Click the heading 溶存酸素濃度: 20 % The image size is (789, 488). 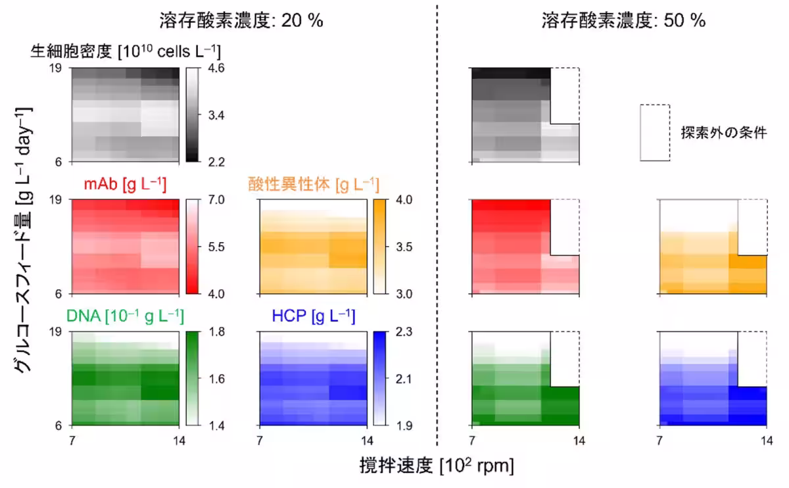(x=241, y=20)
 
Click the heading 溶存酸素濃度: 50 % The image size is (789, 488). (x=623, y=20)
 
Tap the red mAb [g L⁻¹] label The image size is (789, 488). (x=124, y=185)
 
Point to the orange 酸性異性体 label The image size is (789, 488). (x=313, y=185)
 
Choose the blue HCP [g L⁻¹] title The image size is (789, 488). (x=313, y=317)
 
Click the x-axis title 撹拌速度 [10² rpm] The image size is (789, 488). (x=437, y=466)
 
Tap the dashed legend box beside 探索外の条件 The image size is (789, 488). (x=655, y=132)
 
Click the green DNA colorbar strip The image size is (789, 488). (x=192, y=378)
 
